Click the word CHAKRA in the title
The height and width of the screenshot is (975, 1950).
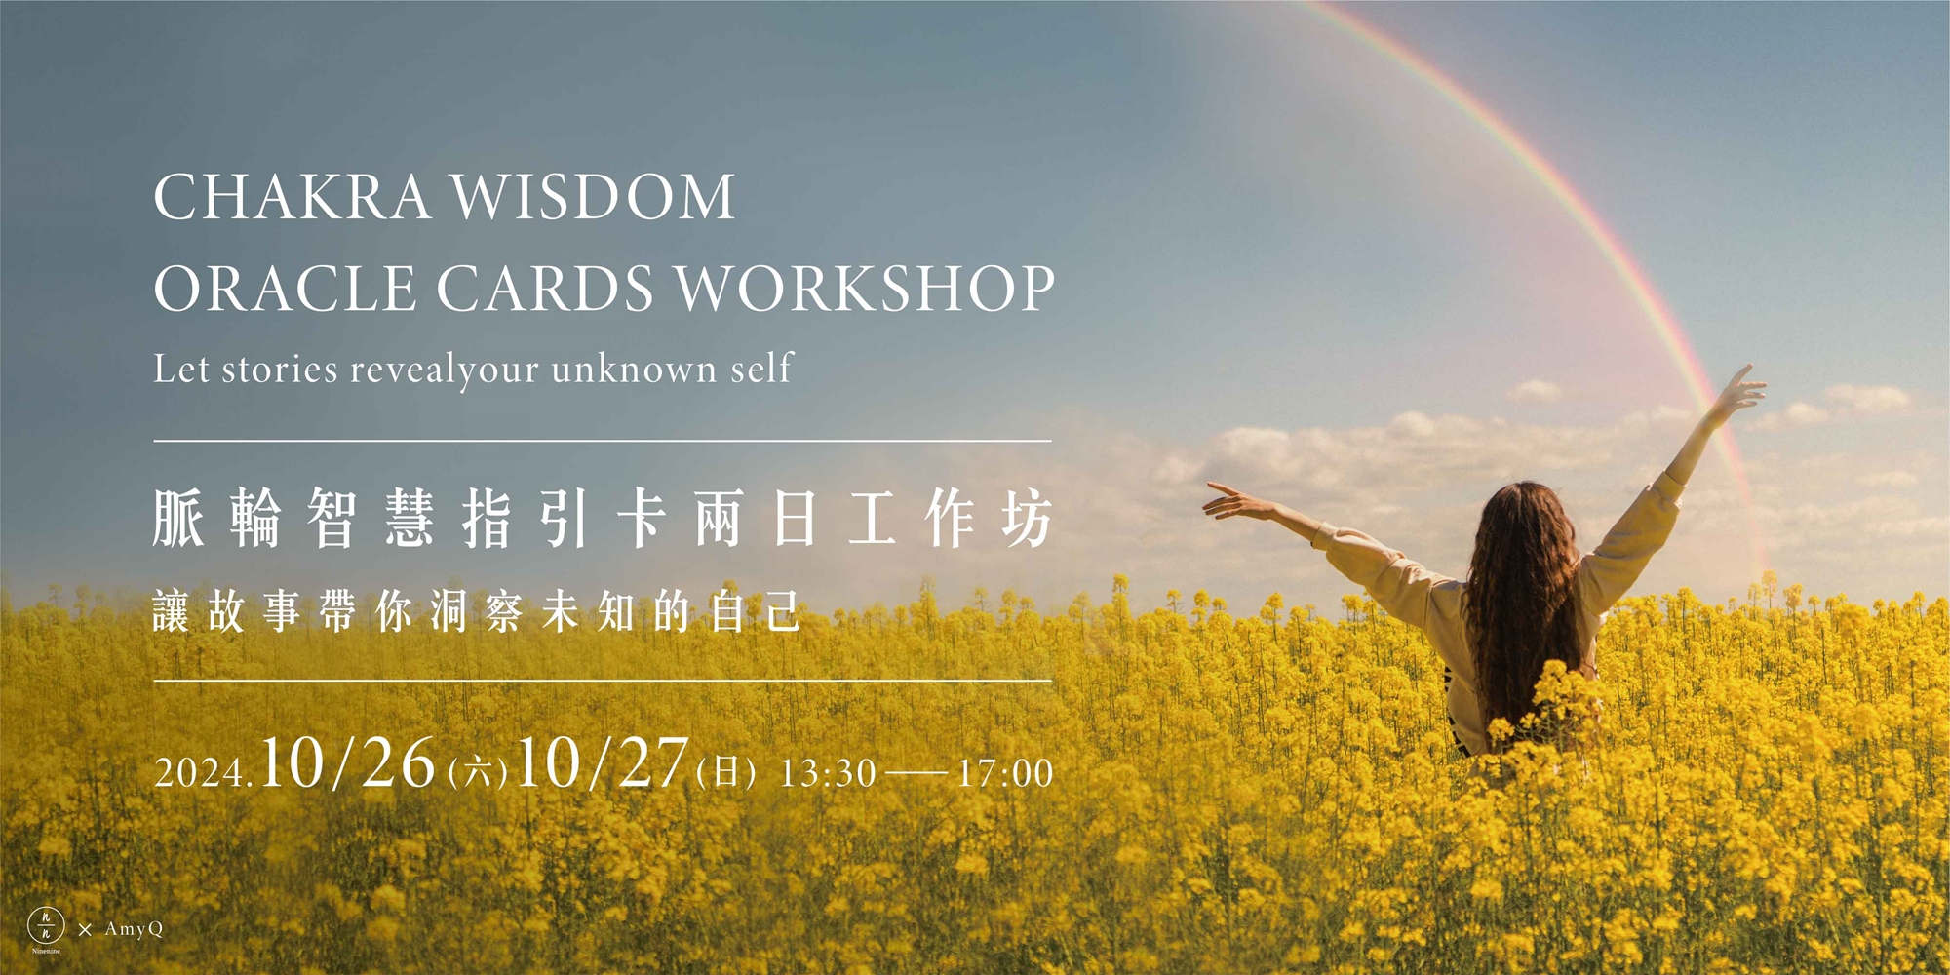292,197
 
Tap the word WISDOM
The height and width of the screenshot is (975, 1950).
593,197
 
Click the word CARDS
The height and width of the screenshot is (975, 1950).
545,289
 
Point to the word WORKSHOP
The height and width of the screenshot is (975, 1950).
866,289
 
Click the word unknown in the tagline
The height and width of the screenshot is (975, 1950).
634,370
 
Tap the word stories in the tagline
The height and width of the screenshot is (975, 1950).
280,370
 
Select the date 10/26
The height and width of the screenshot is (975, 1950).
348,762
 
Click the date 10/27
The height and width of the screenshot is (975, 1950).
603,762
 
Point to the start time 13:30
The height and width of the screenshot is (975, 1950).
828,773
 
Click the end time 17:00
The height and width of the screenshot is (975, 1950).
1005,773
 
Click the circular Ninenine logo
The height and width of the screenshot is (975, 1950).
46,924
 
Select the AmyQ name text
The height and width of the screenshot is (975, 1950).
134,929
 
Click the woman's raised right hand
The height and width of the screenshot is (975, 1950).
1740,390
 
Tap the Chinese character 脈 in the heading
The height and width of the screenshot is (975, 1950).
178,518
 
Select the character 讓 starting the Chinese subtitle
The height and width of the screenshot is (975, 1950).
172,612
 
